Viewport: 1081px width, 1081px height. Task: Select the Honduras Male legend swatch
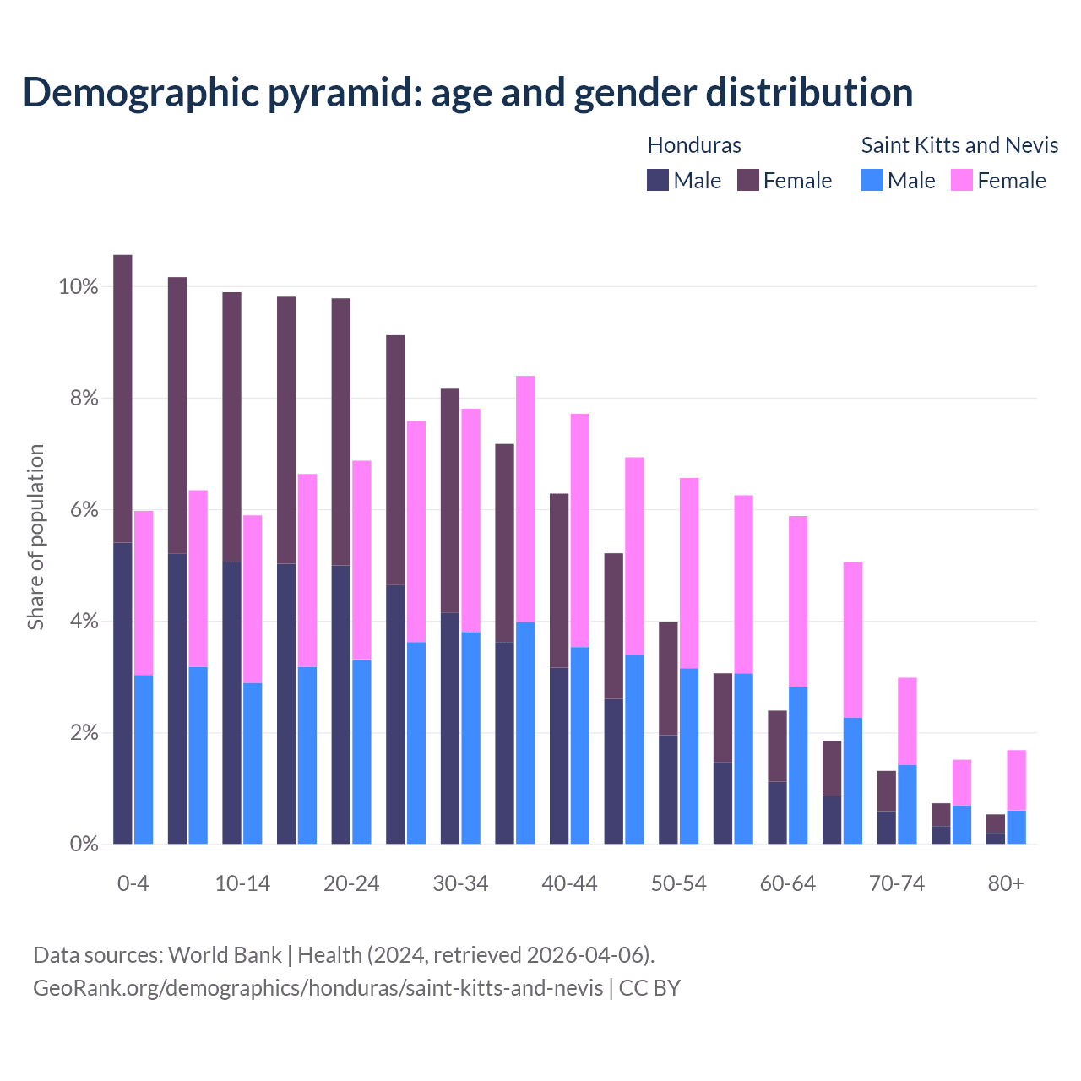(x=658, y=180)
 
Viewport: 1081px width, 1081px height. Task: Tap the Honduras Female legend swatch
(x=748, y=180)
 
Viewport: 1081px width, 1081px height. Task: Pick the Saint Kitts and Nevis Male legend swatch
(x=872, y=180)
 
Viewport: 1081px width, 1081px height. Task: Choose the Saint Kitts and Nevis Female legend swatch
(x=962, y=180)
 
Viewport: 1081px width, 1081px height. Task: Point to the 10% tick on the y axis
(x=78, y=287)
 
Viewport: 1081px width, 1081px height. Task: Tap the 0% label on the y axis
(x=84, y=844)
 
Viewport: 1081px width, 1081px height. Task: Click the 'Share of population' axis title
(x=35, y=537)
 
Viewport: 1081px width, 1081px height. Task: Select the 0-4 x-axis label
(x=133, y=883)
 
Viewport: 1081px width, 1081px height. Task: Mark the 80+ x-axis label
(x=1006, y=883)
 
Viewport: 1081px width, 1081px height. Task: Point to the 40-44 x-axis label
(x=569, y=883)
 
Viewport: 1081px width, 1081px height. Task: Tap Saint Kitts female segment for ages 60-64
(x=798, y=601)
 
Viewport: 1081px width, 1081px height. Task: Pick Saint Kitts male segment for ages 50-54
(x=689, y=756)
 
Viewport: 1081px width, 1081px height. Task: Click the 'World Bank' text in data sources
(x=225, y=955)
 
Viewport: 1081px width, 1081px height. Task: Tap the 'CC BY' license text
(x=649, y=988)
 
